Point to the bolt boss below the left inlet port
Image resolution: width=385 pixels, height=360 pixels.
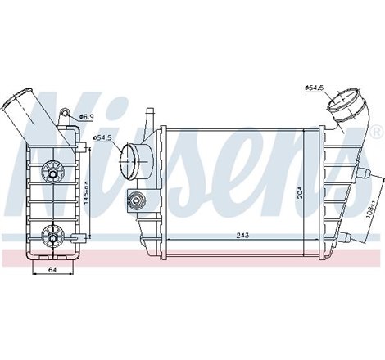(134, 197)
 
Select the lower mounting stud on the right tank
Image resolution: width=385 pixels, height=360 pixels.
(351, 237)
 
